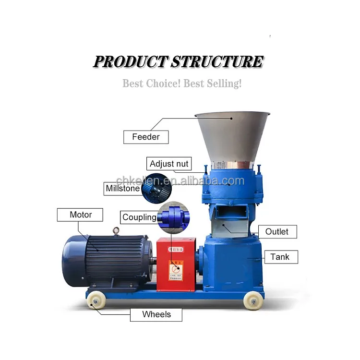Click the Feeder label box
pos(146,137)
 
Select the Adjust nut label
pos(169,164)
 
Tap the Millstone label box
pos(122,189)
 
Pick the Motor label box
pos(80,215)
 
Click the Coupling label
pos(139,217)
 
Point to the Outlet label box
pos(277,231)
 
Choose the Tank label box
pos(280,257)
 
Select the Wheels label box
pos(156,314)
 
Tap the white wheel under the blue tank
pos(252,301)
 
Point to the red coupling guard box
pos(176,264)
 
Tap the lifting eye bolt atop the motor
pos(116,231)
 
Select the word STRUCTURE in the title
pos(217,62)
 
